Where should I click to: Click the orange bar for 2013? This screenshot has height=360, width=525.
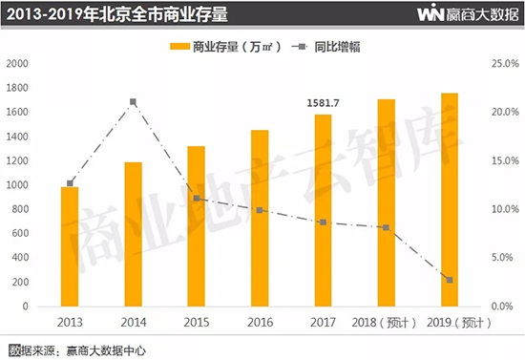click(70, 246)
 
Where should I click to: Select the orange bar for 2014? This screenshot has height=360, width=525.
click(133, 235)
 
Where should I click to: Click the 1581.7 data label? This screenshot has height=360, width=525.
click(323, 103)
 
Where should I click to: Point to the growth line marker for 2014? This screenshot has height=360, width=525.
click(134, 101)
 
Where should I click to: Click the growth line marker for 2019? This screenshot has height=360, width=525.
click(449, 280)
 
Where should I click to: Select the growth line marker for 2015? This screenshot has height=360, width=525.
click(197, 199)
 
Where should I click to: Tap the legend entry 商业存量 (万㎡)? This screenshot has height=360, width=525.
click(220, 46)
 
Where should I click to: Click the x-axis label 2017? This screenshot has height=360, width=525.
click(322, 323)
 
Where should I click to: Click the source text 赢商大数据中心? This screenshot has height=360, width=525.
click(105, 349)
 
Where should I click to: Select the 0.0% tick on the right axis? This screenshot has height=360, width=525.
click(501, 307)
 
